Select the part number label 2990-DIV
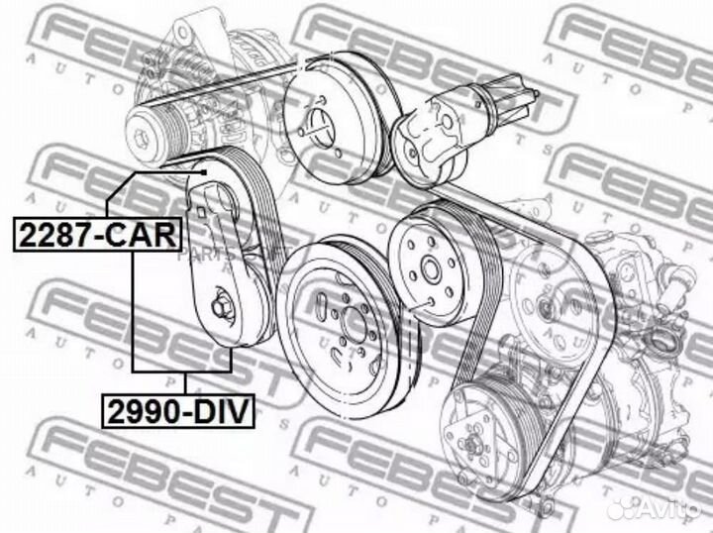tap(175, 408)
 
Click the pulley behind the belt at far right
tap(550, 287)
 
